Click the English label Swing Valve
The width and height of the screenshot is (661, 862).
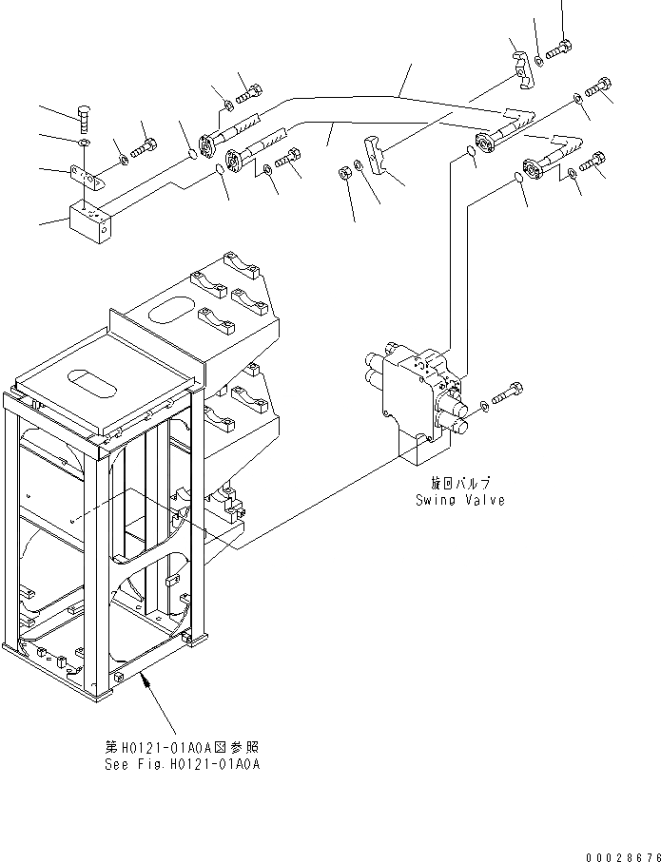pos(459,500)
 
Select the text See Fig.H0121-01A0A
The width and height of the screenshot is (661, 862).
pos(182,764)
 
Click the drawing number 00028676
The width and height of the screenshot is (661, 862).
pos(623,856)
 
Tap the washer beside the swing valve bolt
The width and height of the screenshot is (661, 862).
pos(487,406)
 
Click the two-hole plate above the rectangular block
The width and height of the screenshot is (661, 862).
pos(85,179)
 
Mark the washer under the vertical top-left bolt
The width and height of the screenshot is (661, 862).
pos(84,144)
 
